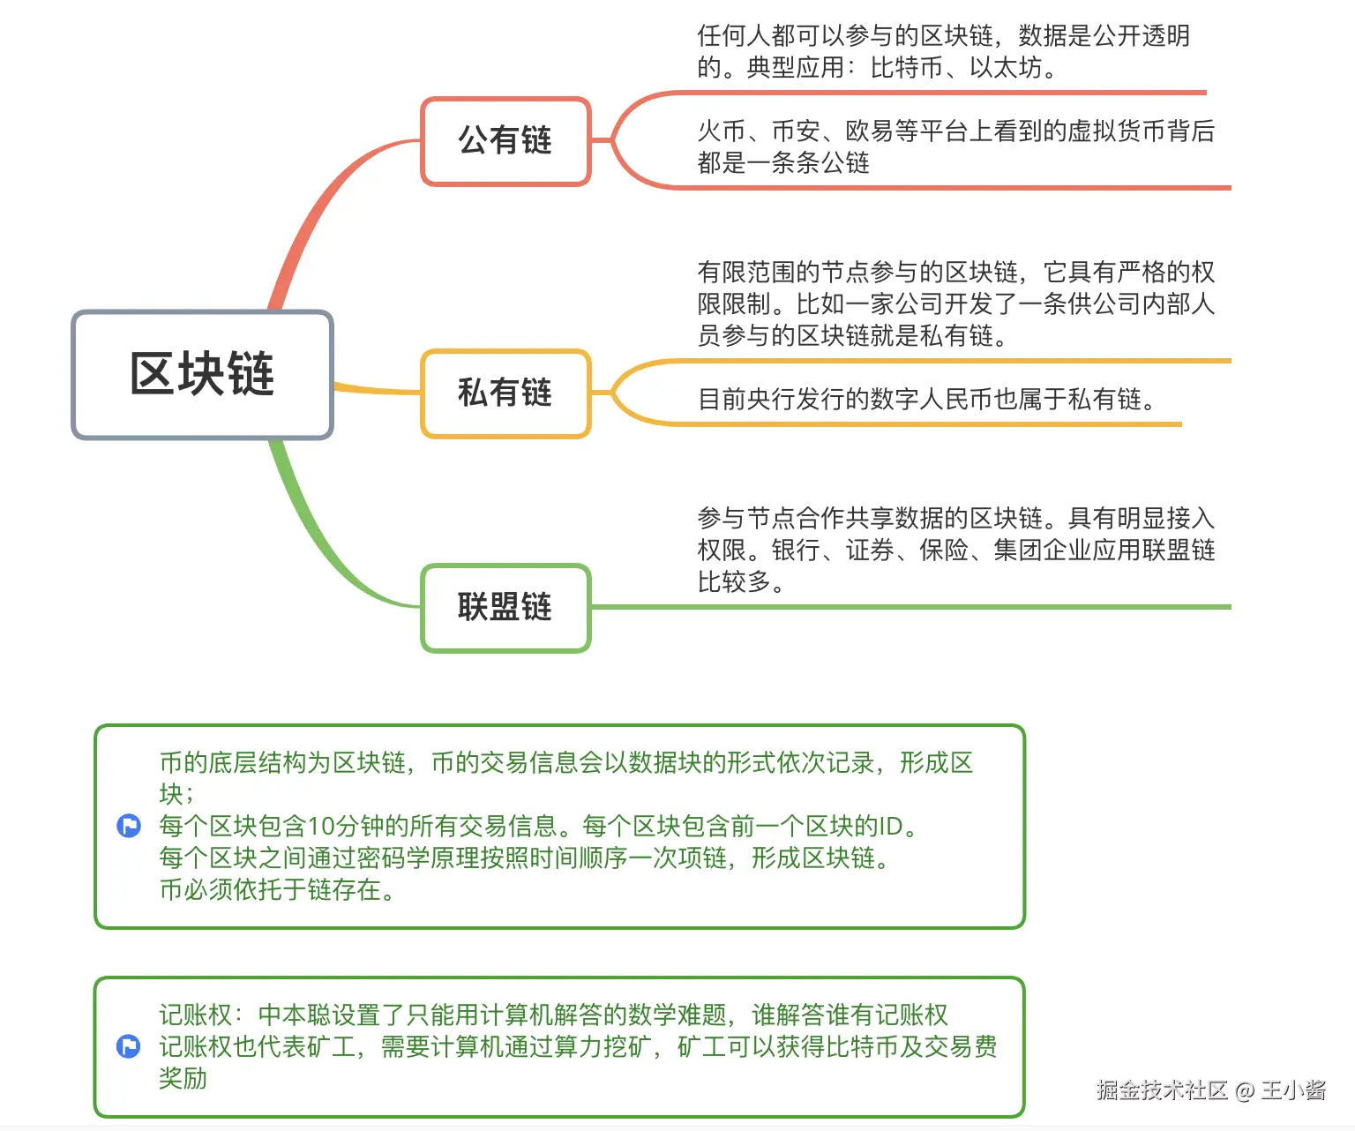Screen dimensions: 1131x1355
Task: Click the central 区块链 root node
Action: pyautogui.click(x=202, y=374)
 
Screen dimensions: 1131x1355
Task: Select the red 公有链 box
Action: pyautogui.click(x=505, y=140)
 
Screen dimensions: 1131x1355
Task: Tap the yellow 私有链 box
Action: pyautogui.click(x=505, y=393)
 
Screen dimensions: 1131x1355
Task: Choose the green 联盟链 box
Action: pyautogui.click(x=505, y=607)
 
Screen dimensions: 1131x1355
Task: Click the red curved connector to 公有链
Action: pyautogui.click(x=318, y=212)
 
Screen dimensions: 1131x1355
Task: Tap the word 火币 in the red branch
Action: pyautogui.click(x=722, y=131)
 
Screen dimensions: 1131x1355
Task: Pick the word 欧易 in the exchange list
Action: pyautogui.click(x=870, y=131)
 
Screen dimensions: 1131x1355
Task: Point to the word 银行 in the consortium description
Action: pyautogui.click(x=796, y=551)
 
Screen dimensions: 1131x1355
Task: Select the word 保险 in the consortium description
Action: pyautogui.click(x=944, y=551)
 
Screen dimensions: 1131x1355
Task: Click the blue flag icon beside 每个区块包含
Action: pyautogui.click(x=129, y=827)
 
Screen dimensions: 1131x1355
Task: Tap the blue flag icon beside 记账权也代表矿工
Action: pyautogui.click(x=129, y=1047)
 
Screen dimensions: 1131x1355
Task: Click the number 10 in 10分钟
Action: pyautogui.click(x=321, y=827)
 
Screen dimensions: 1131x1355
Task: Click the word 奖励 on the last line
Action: pyautogui.click(x=183, y=1078)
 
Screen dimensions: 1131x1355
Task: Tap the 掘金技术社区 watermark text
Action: pyautogui.click(x=1162, y=1090)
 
